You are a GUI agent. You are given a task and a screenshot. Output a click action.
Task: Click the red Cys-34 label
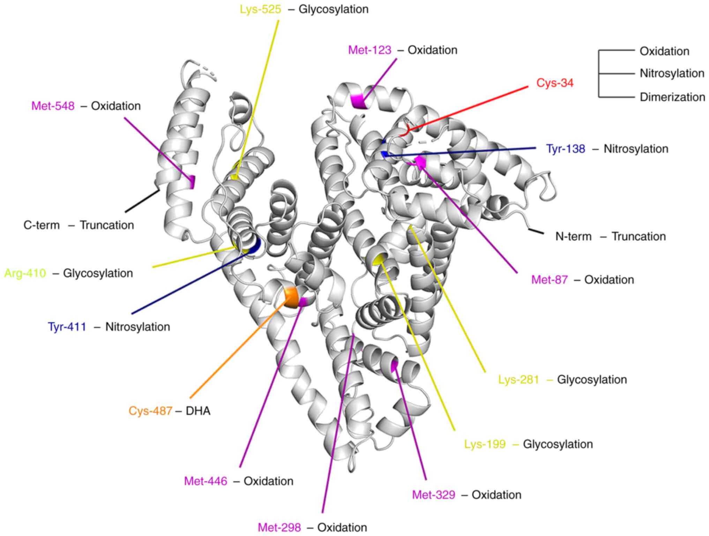pyautogui.click(x=554, y=83)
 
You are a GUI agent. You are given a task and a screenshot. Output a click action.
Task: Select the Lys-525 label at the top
pyautogui.click(x=260, y=9)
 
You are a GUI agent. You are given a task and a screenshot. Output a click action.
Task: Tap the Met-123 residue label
pyautogui.click(x=370, y=50)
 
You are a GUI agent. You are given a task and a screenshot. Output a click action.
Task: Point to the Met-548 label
pyautogui.click(x=53, y=106)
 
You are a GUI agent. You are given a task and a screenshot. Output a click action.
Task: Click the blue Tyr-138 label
pyautogui.click(x=565, y=149)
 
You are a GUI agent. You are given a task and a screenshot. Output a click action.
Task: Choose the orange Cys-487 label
pyautogui.click(x=150, y=411)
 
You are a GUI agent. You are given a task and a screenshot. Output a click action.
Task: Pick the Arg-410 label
pyautogui.click(x=25, y=273)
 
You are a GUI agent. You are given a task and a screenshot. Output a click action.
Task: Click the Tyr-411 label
pyautogui.click(x=67, y=327)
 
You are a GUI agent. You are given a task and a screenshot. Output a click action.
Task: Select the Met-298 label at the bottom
pyautogui.click(x=279, y=527)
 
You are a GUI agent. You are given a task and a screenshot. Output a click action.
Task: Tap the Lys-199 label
pyautogui.click(x=485, y=444)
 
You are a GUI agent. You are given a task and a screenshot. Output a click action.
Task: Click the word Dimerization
pyautogui.click(x=672, y=97)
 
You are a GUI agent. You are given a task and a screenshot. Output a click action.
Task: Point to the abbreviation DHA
pyautogui.click(x=198, y=411)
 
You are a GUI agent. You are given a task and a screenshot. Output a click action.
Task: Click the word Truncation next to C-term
pyautogui.click(x=107, y=225)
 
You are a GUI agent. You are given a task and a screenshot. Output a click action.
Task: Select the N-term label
pyautogui.click(x=573, y=237)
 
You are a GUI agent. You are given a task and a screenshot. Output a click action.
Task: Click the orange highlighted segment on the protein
pyautogui.click(x=290, y=297)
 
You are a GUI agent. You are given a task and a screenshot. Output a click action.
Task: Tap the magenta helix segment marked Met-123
pyautogui.click(x=358, y=101)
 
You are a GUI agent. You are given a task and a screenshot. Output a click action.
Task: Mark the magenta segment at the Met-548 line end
pyautogui.click(x=192, y=182)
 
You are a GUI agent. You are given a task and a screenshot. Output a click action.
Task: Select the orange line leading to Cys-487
pyautogui.click(x=237, y=349)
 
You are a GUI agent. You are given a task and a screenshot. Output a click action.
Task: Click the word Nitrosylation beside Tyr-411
pyautogui.click(x=137, y=327)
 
